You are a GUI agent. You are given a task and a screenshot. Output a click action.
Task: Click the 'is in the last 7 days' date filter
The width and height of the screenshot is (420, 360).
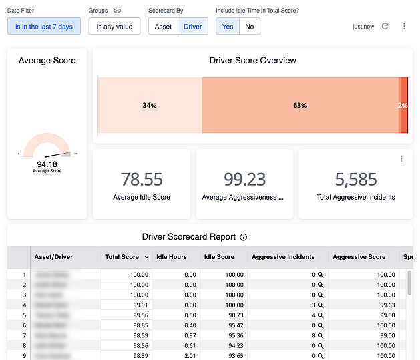coord(44,27)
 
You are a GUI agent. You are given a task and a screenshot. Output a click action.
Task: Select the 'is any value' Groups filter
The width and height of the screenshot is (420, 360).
coord(114,27)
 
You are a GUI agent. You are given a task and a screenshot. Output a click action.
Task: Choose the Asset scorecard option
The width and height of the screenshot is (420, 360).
coord(163,27)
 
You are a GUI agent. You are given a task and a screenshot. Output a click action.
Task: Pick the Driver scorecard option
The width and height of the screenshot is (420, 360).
coord(193,27)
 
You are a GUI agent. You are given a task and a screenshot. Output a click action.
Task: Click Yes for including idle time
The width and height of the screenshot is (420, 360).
coord(228,27)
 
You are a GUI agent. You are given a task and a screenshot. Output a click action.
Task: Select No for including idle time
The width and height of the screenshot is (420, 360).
coord(250,27)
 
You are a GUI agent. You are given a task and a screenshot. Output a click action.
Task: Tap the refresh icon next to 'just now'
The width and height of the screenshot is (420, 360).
coord(385,27)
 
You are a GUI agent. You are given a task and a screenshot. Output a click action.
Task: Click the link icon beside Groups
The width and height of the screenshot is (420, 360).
coord(118,11)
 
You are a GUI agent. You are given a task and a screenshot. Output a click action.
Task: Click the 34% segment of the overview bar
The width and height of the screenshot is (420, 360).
coord(150,105)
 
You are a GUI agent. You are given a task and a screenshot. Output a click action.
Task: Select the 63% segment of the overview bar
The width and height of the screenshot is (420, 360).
coord(300,105)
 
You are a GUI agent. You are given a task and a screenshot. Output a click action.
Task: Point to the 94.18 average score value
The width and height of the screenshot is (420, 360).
coord(47,164)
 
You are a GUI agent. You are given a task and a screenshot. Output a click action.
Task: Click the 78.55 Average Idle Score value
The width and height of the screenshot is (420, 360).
coord(142,179)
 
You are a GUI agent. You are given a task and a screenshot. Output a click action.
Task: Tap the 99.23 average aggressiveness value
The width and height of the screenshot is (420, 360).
coord(244,179)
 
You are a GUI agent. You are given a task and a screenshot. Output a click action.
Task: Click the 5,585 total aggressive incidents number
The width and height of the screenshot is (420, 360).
coord(355,179)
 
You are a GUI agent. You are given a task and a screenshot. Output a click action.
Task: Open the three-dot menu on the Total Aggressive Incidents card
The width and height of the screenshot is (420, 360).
coord(401,159)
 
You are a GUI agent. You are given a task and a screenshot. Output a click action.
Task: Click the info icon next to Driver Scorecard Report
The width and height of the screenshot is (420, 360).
coord(244,237)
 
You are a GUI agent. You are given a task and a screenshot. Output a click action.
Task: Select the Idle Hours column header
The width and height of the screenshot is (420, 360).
coord(172,256)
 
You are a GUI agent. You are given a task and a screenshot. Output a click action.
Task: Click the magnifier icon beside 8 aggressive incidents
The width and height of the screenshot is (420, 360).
coord(321,335)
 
